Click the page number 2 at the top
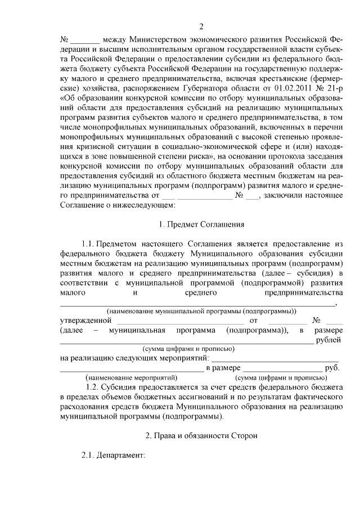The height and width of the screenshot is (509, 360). point(201,28)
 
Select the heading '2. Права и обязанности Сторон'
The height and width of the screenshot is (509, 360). point(201,435)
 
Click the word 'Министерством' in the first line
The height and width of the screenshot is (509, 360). point(161,40)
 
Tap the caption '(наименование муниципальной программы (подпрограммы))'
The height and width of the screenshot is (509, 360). point(201,311)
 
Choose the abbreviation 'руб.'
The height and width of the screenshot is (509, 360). point(333,367)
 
